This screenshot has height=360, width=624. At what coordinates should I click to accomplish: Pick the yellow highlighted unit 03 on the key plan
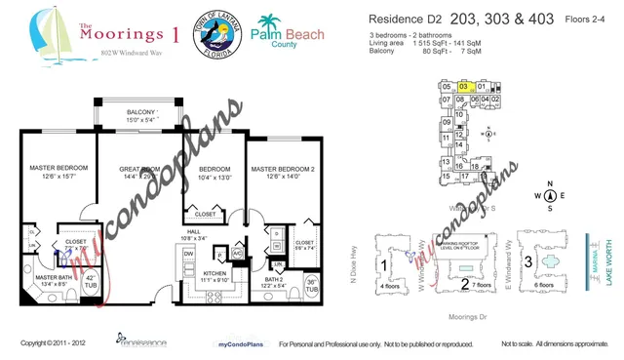point(463,87)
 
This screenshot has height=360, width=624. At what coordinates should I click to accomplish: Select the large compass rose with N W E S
point(550,195)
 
